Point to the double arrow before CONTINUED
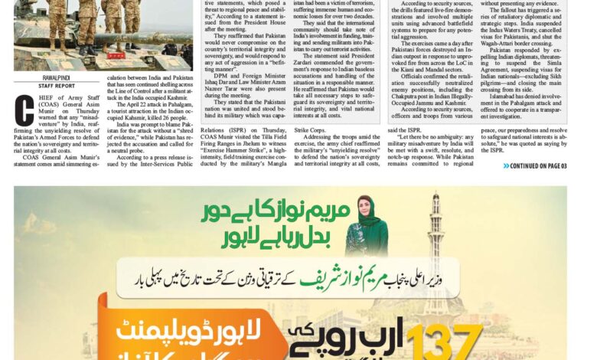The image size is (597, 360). (x=507, y=165)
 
